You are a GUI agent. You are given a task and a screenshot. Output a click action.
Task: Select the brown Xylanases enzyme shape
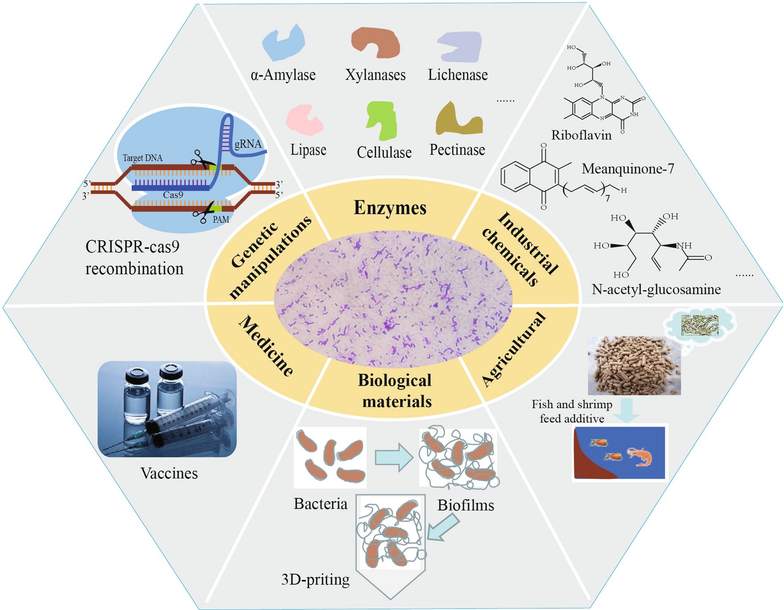[376, 42]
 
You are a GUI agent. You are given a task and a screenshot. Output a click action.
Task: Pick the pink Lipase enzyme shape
[304, 119]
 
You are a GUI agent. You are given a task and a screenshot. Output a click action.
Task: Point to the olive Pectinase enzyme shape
[457, 120]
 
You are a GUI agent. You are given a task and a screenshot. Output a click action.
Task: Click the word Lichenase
[458, 75]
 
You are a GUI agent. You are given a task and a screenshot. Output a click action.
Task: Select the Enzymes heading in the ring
[390, 208]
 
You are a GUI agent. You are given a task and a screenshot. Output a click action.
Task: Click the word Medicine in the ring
[266, 345]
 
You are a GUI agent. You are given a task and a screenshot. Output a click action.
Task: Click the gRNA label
[248, 144]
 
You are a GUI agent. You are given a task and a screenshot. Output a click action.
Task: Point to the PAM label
[221, 220]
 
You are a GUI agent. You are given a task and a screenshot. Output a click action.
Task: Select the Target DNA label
[143, 158]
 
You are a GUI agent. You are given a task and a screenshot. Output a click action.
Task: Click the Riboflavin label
[581, 135]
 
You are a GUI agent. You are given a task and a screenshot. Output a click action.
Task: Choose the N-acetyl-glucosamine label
[656, 290]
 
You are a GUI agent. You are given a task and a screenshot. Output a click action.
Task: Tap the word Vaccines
[169, 473]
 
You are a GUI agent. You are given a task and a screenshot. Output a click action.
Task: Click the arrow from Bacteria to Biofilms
[393, 457]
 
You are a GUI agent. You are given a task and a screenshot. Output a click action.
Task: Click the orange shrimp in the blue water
[640, 457]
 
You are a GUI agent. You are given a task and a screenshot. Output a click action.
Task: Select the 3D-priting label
[315, 579]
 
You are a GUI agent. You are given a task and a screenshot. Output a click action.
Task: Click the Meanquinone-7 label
[628, 169]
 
